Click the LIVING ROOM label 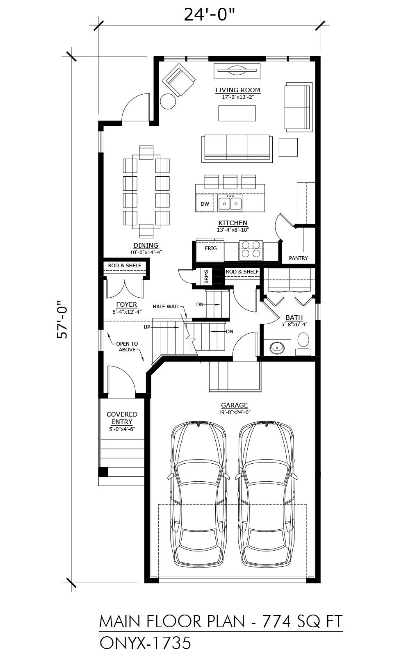[237, 90]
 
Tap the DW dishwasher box [205, 203]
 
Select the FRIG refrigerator [210, 250]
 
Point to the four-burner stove [251, 249]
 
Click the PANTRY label [298, 258]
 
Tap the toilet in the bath [303, 344]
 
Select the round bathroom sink [277, 348]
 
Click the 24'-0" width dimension [209, 15]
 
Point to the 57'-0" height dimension [62, 319]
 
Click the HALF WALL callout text [166, 307]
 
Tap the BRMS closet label [207, 277]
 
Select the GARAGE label [235, 405]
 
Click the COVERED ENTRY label [122, 418]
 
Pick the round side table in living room [168, 101]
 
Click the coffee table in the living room [237, 113]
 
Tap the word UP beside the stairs [147, 327]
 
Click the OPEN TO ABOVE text [127, 347]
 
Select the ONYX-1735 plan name [145, 643]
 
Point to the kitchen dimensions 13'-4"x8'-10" [233, 230]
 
